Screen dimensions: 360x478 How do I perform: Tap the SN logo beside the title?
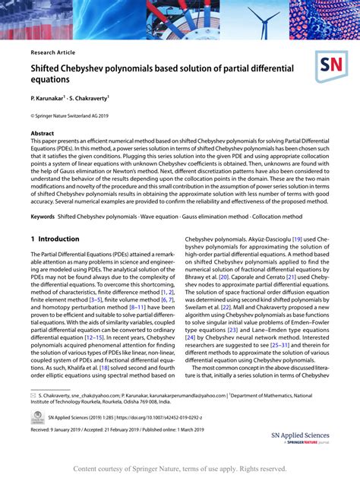331,68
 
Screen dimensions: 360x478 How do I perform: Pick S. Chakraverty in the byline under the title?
88,99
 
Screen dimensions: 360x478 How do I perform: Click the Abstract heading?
43,133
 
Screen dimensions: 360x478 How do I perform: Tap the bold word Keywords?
43,217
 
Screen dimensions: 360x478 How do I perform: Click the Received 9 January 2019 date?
62,429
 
